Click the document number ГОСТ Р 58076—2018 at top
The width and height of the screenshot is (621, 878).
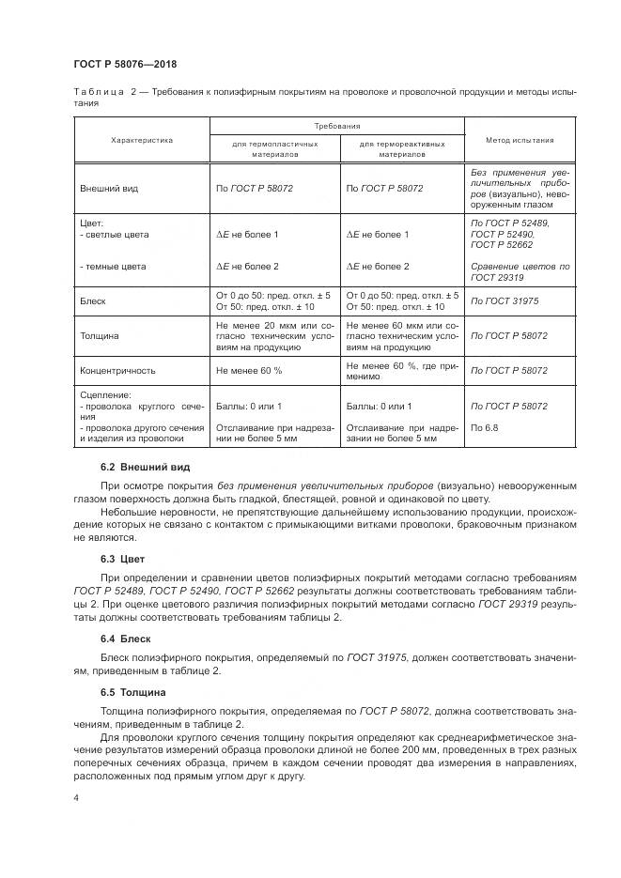pos(125,64)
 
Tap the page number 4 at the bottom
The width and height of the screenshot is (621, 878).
pos(76,797)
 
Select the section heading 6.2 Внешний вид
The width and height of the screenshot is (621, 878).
pos(145,467)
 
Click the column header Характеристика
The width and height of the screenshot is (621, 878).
pos(142,140)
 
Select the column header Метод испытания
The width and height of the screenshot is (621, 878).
pos(519,140)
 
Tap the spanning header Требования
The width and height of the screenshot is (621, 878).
pos(336,125)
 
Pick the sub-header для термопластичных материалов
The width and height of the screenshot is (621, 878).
pos(274,150)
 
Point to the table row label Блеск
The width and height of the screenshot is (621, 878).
pos(94,300)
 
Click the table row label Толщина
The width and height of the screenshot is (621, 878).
pos(100,334)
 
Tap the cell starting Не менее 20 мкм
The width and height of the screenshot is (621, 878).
pos(274,334)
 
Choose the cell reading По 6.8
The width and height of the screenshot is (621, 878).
pos(484,429)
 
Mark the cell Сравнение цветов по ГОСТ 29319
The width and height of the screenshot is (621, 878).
pos(519,272)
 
